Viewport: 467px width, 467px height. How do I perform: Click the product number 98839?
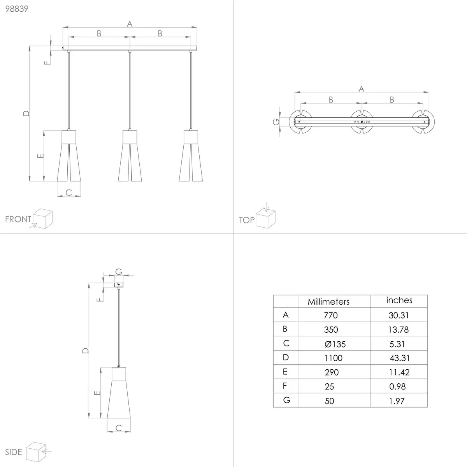coord(17,9)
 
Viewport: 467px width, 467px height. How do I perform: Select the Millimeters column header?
coord(328,302)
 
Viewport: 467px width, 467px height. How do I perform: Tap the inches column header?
coord(399,300)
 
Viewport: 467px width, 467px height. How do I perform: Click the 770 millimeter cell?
coord(330,315)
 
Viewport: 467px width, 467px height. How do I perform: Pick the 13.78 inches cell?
coord(399,330)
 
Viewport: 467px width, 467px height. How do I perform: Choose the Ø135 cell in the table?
coord(335,344)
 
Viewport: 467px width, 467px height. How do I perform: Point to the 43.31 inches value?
coord(400,358)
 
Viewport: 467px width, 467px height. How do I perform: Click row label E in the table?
coord(285,372)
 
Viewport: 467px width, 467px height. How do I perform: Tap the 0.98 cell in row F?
coord(397,386)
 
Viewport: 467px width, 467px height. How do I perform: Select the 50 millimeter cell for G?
coord(329,401)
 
